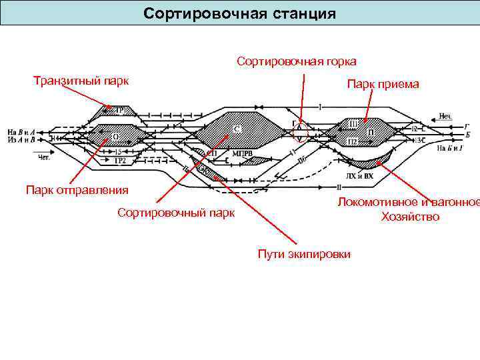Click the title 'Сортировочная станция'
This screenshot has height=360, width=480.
240,13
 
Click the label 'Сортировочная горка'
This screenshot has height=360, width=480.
296,61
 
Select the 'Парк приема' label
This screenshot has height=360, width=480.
383,84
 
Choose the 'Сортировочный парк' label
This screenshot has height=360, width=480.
176,213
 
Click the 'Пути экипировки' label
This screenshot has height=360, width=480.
303,254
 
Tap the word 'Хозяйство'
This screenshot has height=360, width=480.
410,217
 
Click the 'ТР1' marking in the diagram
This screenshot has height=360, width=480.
123,110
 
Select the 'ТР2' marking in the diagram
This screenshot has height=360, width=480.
120,161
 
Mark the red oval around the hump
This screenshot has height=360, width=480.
301,131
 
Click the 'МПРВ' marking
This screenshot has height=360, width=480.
243,153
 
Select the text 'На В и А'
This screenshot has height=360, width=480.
21,132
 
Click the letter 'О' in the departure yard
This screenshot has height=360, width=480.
115,137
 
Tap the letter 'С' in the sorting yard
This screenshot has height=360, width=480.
237,128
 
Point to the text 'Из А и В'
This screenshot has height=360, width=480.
21,140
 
